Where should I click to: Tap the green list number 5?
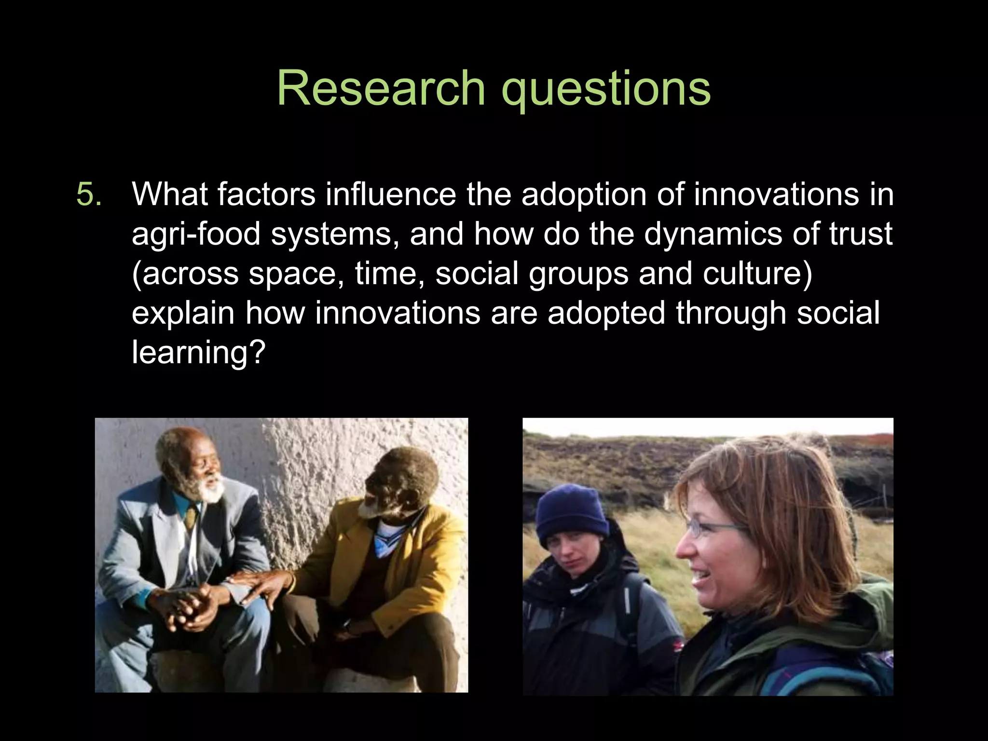click(x=89, y=194)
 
